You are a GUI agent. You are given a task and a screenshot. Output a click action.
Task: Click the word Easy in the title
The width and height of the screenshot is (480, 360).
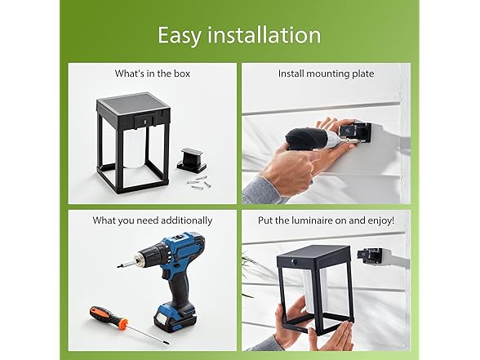pyautogui.click(x=180, y=36)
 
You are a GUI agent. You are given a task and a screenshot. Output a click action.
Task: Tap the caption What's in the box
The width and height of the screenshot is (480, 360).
pyautogui.click(x=152, y=73)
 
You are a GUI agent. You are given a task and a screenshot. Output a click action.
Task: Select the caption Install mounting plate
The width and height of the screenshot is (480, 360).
pyautogui.click(x=326, y=73)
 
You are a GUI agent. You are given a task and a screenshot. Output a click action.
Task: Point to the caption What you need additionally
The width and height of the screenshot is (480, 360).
pyautogui.click(x=152, y=220)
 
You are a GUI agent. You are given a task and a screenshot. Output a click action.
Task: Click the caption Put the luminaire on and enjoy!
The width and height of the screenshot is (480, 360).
pyautogui.click(x=326, y=220)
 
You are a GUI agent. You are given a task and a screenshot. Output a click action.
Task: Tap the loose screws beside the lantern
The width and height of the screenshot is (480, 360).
pyautogui.click(x=199, y=182)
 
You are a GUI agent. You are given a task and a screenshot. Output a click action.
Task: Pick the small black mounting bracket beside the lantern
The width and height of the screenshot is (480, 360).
pyautogui.click(x=192, y=159)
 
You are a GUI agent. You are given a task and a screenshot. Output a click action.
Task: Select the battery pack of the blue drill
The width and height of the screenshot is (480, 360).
pyautogui.click(x=175, y=319)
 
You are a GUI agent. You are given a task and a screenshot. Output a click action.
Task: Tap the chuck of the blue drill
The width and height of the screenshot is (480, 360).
pyautogui.click(x=145, y=257)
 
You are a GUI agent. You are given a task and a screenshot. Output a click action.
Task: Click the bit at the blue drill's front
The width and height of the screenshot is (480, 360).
pyautogui.click(x=127, y=264)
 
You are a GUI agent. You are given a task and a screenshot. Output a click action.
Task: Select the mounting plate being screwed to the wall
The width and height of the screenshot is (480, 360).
pyautogui.click(x=358, y=132)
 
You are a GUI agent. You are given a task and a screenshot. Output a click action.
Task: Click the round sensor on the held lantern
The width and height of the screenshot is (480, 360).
pyautogui.click(x=294, y=262)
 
